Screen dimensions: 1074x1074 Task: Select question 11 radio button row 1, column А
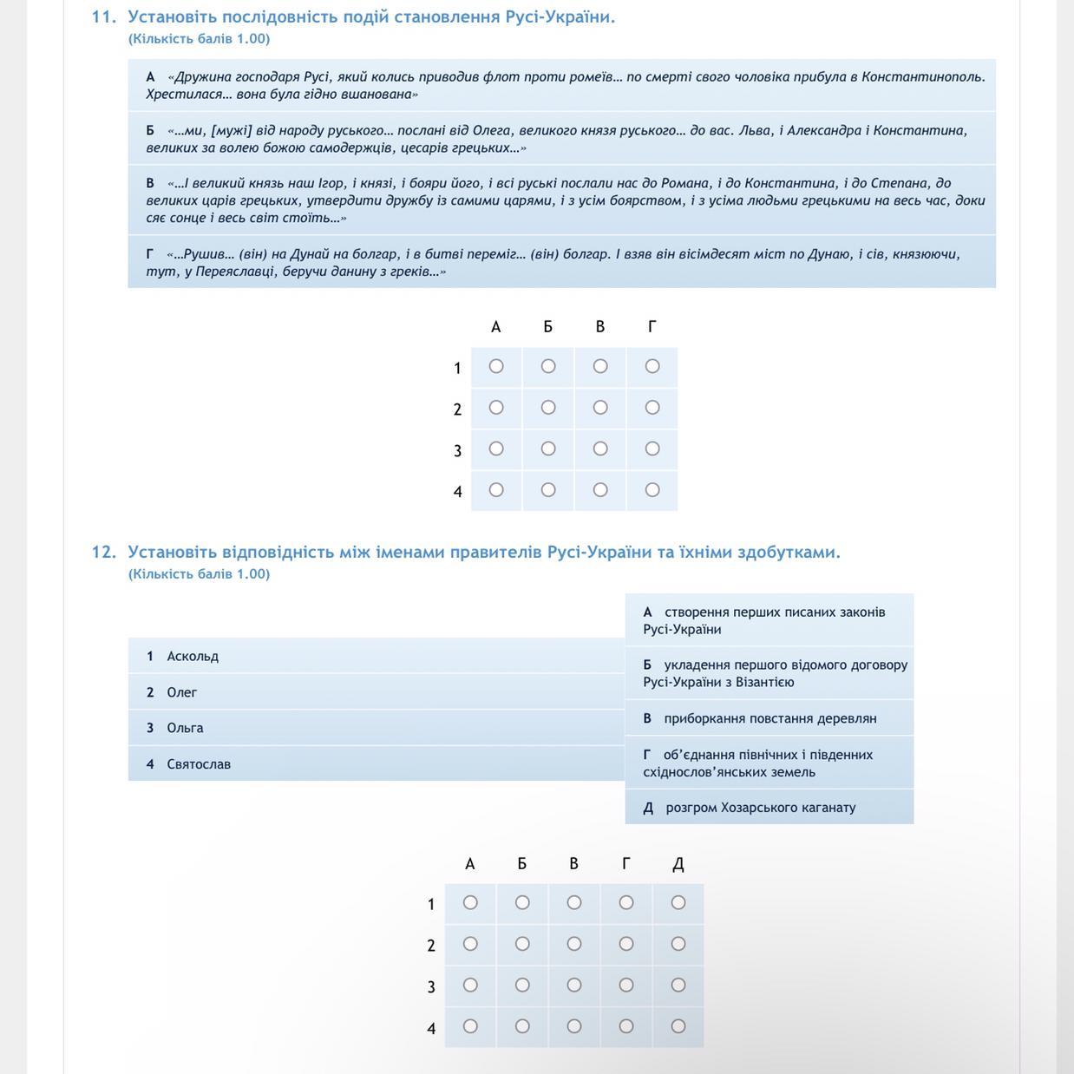tap(496, 366)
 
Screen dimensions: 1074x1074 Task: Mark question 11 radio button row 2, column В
tap(600, 408)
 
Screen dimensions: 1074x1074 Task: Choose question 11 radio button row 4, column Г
tap(652, 490)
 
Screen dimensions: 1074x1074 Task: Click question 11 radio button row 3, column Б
tap(548, 449)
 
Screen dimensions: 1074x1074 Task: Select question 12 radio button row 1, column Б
tap(522, 903)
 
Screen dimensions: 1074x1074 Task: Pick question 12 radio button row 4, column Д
tap(678, 1026)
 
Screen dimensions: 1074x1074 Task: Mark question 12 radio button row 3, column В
tap(574, 986)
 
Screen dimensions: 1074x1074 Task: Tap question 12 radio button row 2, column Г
tap(626, 944)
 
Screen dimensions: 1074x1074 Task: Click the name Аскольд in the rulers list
tap(193, 657)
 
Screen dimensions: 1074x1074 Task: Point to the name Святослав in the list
tap(199, 764)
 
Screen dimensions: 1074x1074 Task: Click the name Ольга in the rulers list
tap(185, 728)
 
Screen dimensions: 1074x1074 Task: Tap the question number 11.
tap(103, 16)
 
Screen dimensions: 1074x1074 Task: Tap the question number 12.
tap(103, 552)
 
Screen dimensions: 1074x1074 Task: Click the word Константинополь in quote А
tap(923, 76)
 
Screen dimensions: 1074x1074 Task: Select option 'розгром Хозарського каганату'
tap(760, 808)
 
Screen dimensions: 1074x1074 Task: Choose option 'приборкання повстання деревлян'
tap(769, 718)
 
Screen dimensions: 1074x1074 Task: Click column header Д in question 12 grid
tap(678, 864)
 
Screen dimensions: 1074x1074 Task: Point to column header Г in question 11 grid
tap(652, 327)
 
